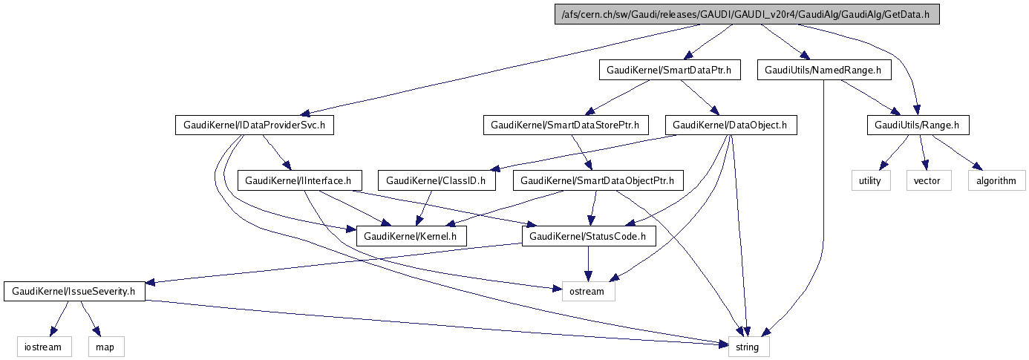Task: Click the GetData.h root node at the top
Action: click(x=747, y=15)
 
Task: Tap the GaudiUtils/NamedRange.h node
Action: click(x=824, y=71)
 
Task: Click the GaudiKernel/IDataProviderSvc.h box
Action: click(x=254, y=125)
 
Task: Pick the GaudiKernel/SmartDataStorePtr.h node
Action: click(x=566, y=125)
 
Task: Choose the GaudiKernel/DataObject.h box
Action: click(x=731, y=125)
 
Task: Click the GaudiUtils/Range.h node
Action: click(x=918, y=125)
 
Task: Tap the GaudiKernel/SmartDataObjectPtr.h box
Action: click(x=598, y=180)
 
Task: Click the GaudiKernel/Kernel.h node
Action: click(x=411, y=236)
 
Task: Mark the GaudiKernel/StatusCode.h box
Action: click(x=589, y=236)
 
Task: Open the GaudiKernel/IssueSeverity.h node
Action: click(x=75, y=291)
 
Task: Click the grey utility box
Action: click(x=870, y=180)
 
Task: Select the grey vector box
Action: click(x=928, y=180)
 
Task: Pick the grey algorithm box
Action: click(x=996, y=180)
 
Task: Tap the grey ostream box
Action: click(x=589, y=291)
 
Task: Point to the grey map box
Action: click(x=105, y=346)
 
